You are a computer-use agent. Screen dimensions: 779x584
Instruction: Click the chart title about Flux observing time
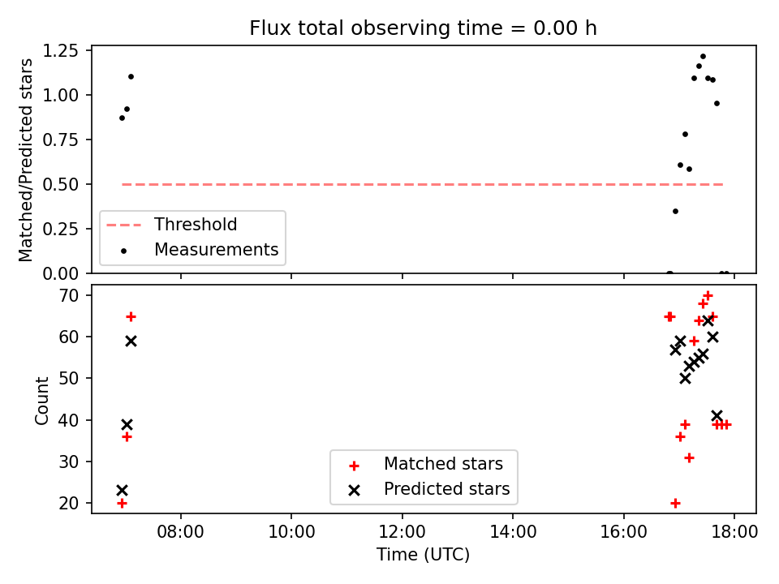pyautogui.click(x=423, y=28)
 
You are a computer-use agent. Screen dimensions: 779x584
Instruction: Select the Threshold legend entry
pyautogui.click(x=195, y=225)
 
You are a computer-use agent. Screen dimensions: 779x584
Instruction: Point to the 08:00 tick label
pyautogui.click(x=180, y=532)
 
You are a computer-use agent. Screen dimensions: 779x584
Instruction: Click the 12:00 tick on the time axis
pyautogui.click(x=402, y=532)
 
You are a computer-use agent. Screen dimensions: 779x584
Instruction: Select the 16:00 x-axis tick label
pyautogui.click(x=623, y=532)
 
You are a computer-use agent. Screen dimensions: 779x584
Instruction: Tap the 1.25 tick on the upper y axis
pyautogui.click(x=61, y=50)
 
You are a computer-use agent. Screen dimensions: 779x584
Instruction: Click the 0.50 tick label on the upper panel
pyautogui.click(x=61, y=184)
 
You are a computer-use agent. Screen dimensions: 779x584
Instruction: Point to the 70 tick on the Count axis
pyautogui.click(x=69, y=295)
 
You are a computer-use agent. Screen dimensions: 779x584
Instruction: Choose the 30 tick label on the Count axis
pyautogui.click(x=69, y=462)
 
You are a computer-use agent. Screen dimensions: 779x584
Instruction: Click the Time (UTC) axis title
pyautogui.click(x=423, y=555)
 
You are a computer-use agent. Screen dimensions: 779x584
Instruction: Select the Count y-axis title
pyautogui.click(x=41, y=401)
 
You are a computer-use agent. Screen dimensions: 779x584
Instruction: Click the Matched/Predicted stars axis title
pyautogui.click(x=25, y=160)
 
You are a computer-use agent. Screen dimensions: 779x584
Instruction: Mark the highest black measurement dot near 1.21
pyautogui.click(x=703, y=57)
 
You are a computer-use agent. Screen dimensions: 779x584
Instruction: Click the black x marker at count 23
pyautogui.click(x=122, y=491)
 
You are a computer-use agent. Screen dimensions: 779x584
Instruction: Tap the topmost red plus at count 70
pyautogui.click(x=708, y=295)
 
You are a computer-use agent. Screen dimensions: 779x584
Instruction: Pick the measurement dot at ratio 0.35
pyautogui.click(x=675, y=212)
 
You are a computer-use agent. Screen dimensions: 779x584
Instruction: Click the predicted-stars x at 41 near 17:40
pyautogui.click(x=717, y=415)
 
